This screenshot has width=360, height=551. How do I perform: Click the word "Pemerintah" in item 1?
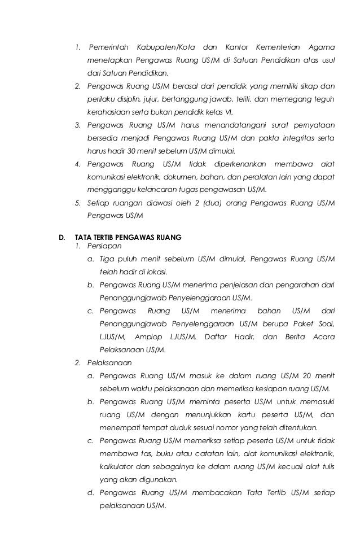pos(108,46)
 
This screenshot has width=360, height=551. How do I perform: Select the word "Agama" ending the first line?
pos(322,46)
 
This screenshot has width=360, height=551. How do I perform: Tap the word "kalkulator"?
pos(118,467)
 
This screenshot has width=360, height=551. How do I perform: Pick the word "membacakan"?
pos(215,493)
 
